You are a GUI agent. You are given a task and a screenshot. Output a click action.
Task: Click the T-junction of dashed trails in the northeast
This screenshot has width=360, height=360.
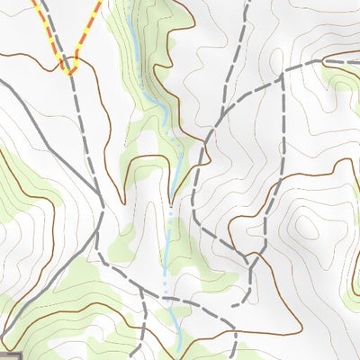[283, 75]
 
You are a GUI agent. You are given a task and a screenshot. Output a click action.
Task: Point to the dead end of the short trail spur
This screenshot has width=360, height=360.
[232, 305]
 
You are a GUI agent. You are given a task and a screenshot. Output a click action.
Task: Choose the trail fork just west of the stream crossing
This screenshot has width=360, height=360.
[141, 290]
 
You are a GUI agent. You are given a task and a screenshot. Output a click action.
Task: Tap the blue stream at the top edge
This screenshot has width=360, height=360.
[133, 4]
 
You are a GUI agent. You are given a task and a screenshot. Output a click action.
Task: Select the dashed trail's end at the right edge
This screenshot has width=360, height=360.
[356, 61]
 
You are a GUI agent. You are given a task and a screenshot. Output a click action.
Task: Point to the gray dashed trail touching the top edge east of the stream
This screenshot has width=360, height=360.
[245, 4]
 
